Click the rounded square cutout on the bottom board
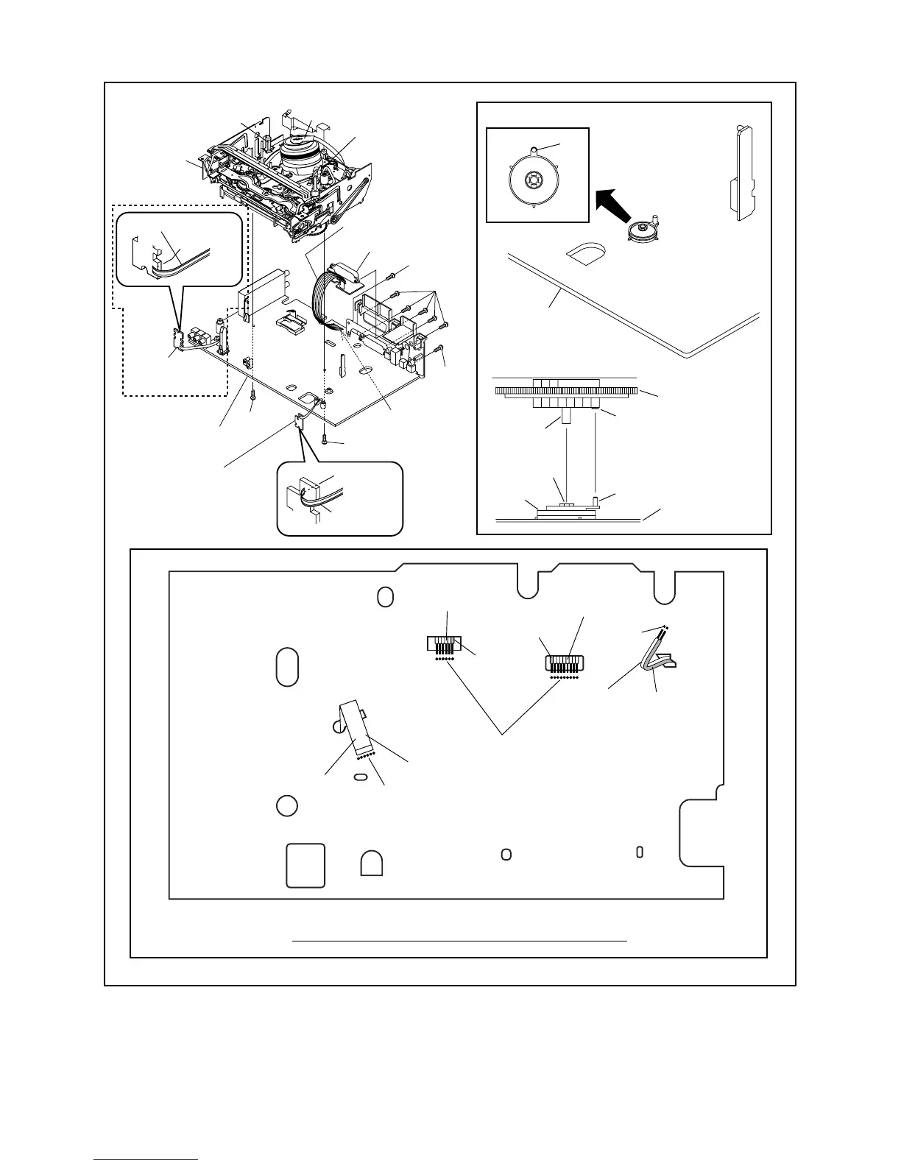305,865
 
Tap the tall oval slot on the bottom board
288,667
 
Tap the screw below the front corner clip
325,440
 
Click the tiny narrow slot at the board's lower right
640,852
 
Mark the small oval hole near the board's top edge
384,597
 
